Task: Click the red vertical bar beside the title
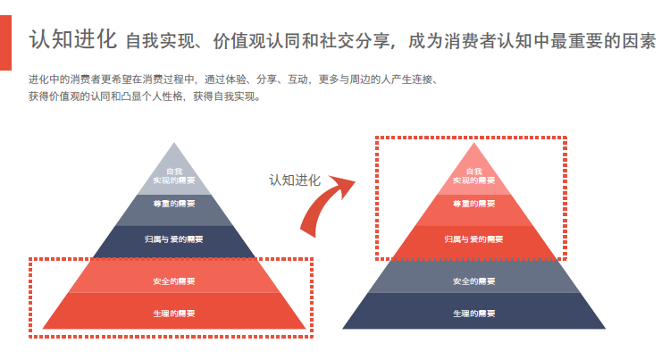click(5, 43)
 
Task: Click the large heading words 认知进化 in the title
click(72, 39)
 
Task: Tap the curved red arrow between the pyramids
click(327, 205)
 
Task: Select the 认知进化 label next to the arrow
click(295, 180)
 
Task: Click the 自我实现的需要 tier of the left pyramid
click(174, 175)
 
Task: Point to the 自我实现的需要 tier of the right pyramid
click(473, 175)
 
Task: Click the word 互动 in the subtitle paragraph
click(297, 80)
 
